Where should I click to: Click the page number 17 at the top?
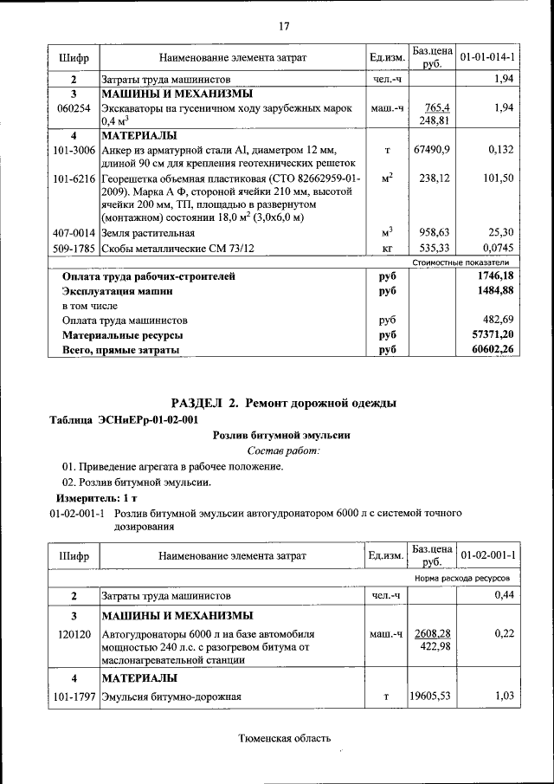[x=284, y=27]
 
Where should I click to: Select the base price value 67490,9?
[x=432, y=150]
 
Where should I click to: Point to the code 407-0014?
[x=74, y=233]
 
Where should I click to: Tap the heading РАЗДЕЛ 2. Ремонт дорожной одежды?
[x=284, y=403]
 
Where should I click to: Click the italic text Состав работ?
[x=284, y=450]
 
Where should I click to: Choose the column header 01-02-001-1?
[x=488, y=554]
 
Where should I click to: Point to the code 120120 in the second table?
[x=74, y=634]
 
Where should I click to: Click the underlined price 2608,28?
[x=432, y=633]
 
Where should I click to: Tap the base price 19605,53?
[x=432, y=696]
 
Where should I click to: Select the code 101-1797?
[x=74, y=696]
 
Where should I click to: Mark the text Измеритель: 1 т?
[x=96, y=499]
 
